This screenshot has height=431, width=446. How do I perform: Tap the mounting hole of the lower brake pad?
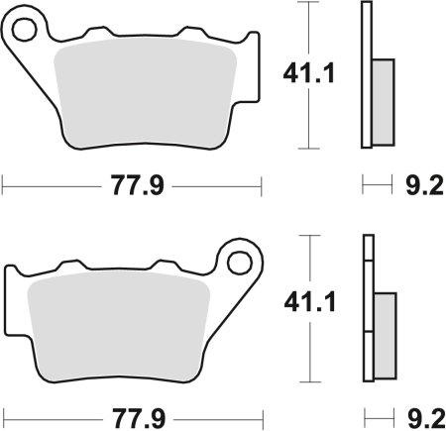click(238, 262)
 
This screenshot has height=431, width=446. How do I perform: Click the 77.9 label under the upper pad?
click(132, 184)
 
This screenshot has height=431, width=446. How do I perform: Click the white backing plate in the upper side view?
click(367, 74)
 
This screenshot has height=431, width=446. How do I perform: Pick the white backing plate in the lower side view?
click(369, 307)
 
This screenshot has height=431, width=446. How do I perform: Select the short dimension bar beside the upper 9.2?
click(374, 184)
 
